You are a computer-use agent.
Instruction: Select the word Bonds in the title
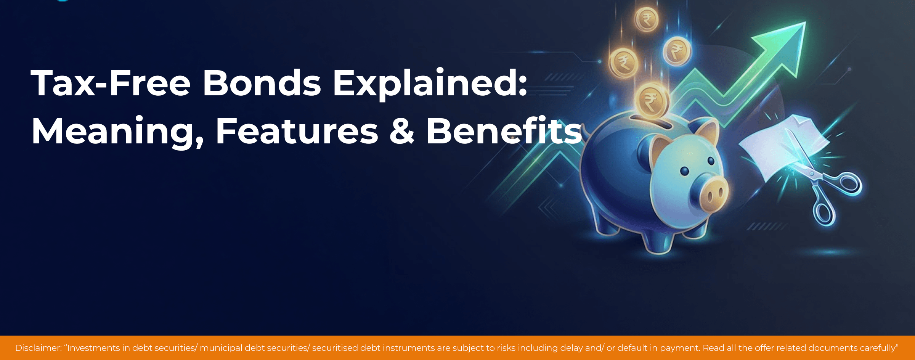(x=262, y=83)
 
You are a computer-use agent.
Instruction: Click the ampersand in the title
(x=401, y=131)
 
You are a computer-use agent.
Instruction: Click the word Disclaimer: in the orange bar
(x=38, y=348)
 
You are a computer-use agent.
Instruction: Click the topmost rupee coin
(x=647, y=19)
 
